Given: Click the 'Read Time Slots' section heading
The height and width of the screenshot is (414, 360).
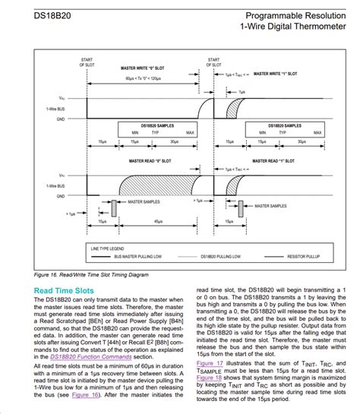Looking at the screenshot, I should point(63,290).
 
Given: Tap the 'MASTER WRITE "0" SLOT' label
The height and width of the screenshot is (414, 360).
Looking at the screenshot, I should point(144,68).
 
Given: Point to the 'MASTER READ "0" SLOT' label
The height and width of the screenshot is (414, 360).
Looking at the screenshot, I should point(144,161).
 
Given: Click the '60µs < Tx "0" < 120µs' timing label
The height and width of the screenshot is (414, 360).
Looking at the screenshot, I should point(144,78).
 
